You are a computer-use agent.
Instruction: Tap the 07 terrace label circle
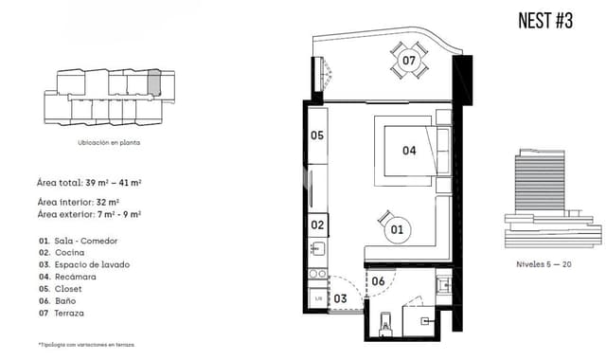click(x=408, y=61)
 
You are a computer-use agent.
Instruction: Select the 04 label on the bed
click(x=409, y=150)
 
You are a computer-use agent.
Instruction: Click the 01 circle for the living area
click(x=396, y=228)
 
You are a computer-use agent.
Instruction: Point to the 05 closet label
click(x=317, y=135)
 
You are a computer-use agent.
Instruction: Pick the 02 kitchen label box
click(x=318, y=225)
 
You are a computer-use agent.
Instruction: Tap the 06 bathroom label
click(x=378, y=281)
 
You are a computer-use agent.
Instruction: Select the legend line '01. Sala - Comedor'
click(x=85, y=241)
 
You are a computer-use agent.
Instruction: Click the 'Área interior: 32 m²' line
click(x=78, y=203)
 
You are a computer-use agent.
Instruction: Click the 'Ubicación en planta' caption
click(x=109, y=142)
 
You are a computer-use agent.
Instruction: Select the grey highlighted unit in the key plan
click(x=154, y=82)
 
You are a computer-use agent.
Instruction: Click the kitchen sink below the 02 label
click(x=318, y=250)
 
